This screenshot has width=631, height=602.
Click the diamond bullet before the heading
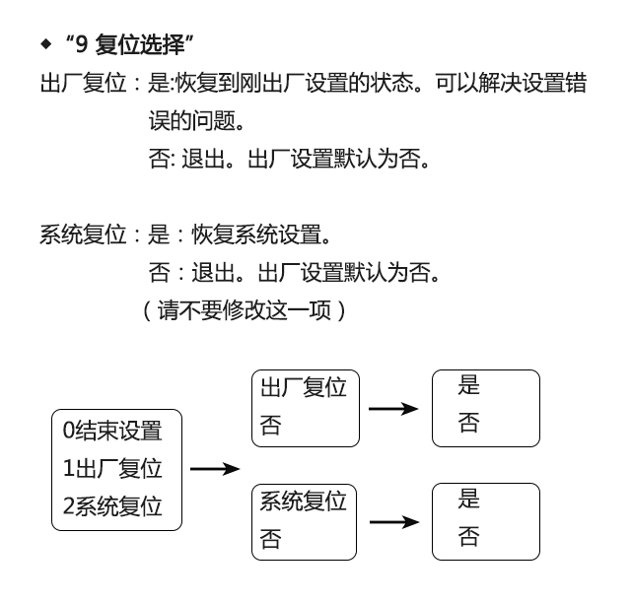tap(44, 44)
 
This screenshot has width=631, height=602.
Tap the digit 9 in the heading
tap(81, 44)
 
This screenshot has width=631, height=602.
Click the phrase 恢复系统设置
tap(246, 235)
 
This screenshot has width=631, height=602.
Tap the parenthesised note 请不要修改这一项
tap(244, 310)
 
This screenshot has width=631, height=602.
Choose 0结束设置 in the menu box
tap(111, 430)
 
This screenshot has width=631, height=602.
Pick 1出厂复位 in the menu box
tap(111, 468)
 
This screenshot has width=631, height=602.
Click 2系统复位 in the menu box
tap(111, 506)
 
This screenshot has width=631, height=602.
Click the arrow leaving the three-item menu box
tap(215, 469)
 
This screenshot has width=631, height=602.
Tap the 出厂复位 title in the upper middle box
tap(304, 389)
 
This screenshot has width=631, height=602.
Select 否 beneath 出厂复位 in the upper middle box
tap(269, 427)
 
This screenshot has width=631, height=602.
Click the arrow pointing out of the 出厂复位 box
tap(393, 408)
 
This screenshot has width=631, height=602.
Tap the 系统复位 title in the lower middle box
tap(304, 502)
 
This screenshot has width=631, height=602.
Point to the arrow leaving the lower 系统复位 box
tap(393, 521)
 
